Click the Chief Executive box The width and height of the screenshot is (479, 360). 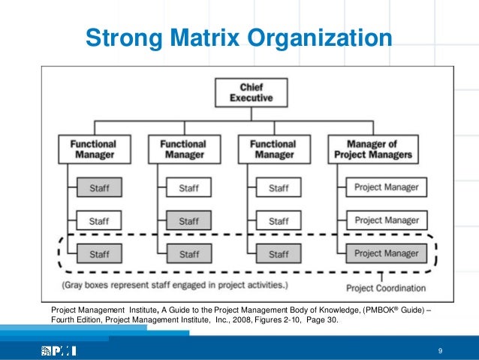click(x=246, y=92)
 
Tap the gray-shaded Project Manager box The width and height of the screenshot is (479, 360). click(x=387, y=253)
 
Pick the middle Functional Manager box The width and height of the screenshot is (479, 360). click(x=183, y=148)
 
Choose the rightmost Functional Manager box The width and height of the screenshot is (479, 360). click(x=273, y=148)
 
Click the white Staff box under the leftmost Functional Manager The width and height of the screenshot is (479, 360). click(x=98, y=220)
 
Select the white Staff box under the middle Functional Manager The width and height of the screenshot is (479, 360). click(x=188, y=187)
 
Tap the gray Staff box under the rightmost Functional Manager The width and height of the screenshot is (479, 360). click(x=279, y=253)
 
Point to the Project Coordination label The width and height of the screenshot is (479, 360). click(x=386, y=287)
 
